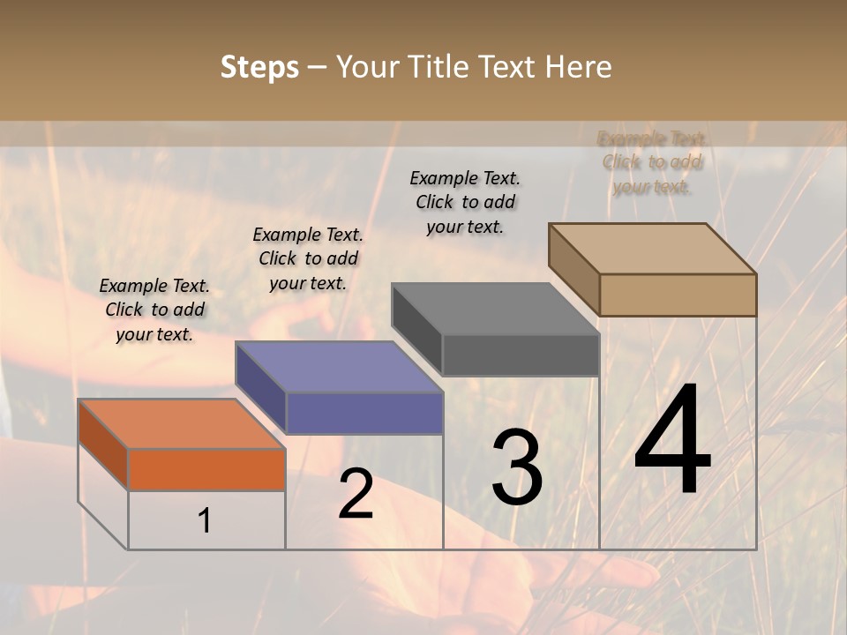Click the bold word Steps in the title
(x=259, y=67)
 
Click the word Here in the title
(x=578, y=67)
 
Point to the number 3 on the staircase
(x=517, y=468)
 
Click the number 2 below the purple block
(x=356, y=495)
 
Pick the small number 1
(x=205, y=521)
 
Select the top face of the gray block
(x=496, y=309)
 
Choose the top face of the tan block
(x=653, y=249)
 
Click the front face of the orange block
(x=206, y=469)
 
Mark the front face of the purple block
(x=364, y=413)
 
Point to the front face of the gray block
(x=521, y=355)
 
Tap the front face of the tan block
(x=678, y=295)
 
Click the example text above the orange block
(x=154, y=310)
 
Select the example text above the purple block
(x=308, y=258)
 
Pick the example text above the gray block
(x=465, y=202)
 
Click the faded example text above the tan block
(x=652, y=162)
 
